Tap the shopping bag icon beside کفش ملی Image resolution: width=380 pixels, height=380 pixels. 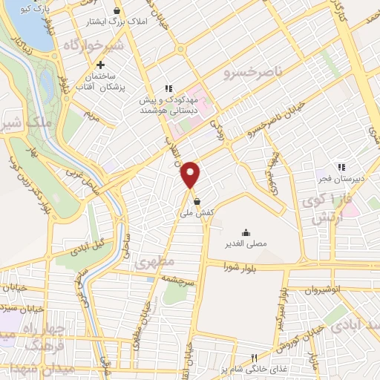point(197,200)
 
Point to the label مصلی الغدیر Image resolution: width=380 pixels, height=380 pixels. point(246,243)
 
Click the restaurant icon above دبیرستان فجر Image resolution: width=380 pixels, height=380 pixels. point(341,167)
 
